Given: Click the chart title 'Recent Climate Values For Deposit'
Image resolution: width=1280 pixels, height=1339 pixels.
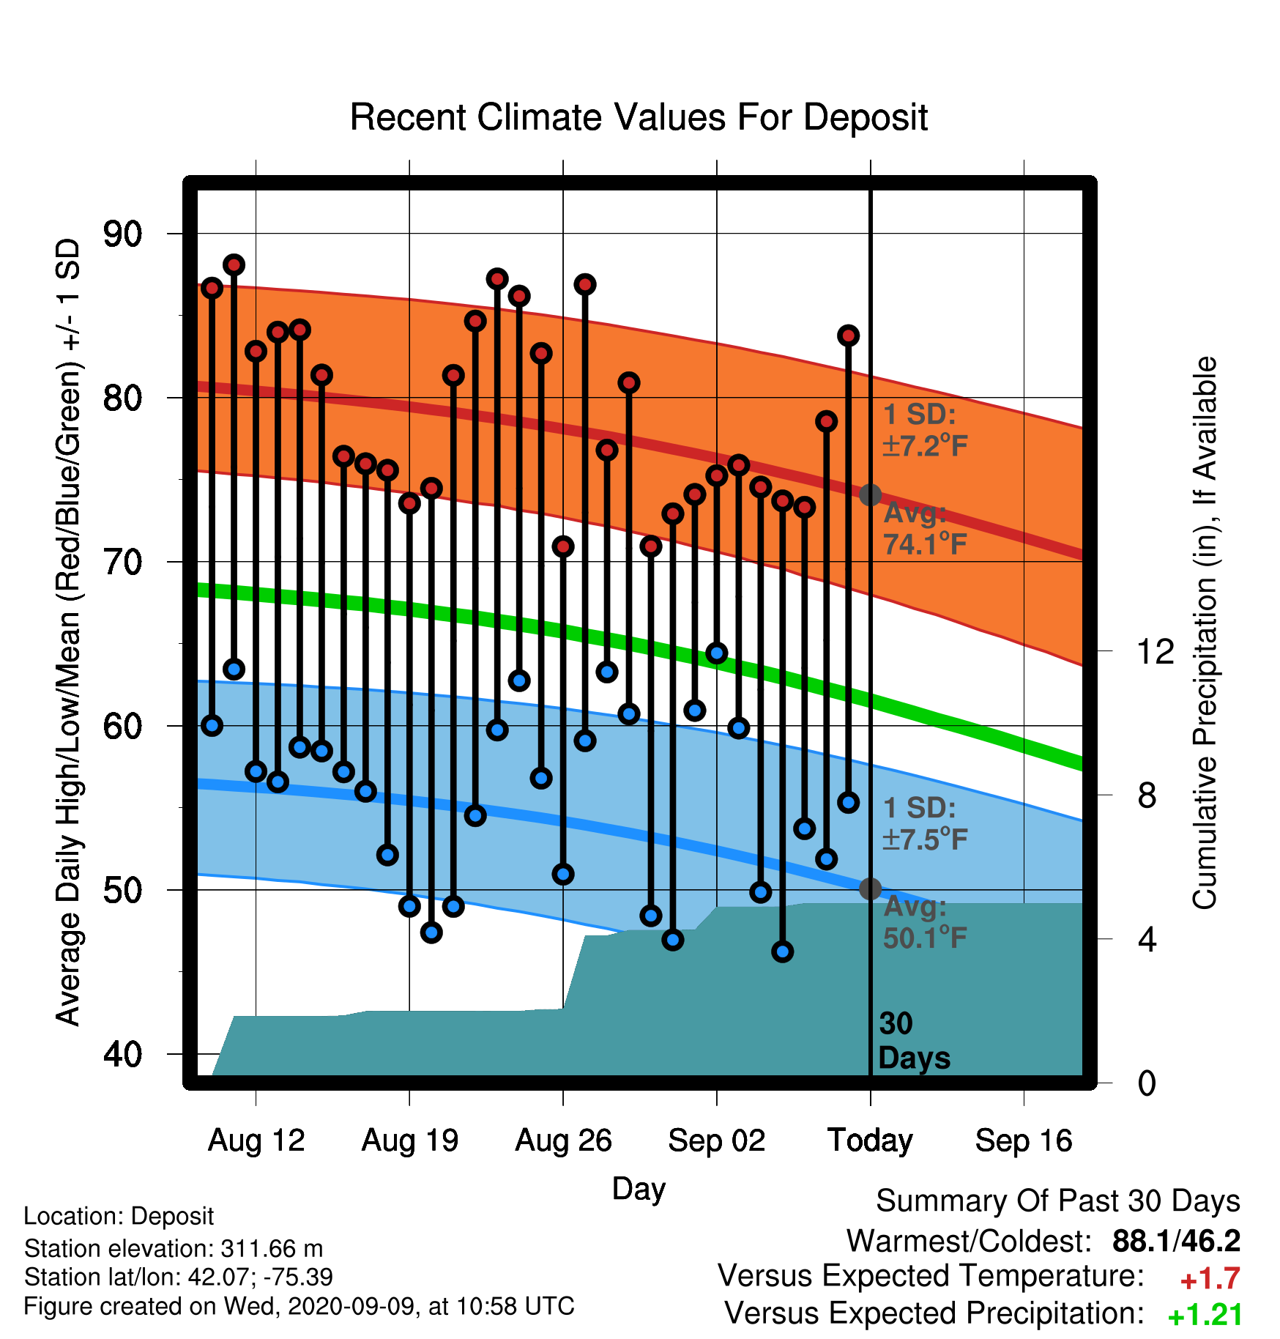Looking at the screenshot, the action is [x=639, y=117].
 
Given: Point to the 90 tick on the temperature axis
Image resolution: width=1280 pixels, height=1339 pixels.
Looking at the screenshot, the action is [x=123, y=234].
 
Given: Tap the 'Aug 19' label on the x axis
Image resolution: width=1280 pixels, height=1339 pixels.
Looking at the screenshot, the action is [x=410, y=1140].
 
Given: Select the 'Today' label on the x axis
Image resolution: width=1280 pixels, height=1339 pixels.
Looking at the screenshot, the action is [x=870, y=1140].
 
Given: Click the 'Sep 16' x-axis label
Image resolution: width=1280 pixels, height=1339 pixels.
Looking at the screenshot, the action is [x=1024, y=1140].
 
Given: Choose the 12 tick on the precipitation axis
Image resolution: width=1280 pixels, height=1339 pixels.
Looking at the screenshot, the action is [x=1156, y=651].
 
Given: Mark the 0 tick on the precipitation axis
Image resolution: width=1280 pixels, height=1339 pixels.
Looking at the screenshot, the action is [x=1147, y=1083].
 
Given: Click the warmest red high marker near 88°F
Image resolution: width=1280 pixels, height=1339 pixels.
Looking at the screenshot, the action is [x=234, y=264].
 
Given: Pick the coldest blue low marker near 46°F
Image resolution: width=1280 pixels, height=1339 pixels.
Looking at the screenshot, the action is [x=783, y=952].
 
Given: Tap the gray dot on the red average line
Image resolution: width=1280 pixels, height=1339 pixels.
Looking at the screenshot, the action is [x=870, y=495].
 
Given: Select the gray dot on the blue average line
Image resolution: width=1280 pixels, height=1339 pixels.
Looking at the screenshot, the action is [x=870, y=889].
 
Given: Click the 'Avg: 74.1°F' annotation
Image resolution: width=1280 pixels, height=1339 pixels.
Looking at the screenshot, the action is [x=926, y=528].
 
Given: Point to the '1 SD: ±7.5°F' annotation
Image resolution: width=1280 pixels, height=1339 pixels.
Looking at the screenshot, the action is [x=926, y=823].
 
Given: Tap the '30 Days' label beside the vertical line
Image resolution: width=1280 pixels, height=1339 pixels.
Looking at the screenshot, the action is [x=914, y=1041].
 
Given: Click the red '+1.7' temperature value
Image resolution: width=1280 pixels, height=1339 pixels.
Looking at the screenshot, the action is [x=1210, y=1279].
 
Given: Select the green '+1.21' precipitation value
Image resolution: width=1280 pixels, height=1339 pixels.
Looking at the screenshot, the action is [x=1205, y=1315].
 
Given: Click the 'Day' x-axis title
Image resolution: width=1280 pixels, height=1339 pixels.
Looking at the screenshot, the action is [x=639, y=1189].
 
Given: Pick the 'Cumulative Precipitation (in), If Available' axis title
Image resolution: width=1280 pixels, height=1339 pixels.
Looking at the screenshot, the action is [x=1205, y=633].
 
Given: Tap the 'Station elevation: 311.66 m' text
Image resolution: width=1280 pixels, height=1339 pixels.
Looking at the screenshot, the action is [x=174, y=1248].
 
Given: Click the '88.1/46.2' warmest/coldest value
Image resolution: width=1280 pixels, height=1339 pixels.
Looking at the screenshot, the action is [x=1176, y=1241].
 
